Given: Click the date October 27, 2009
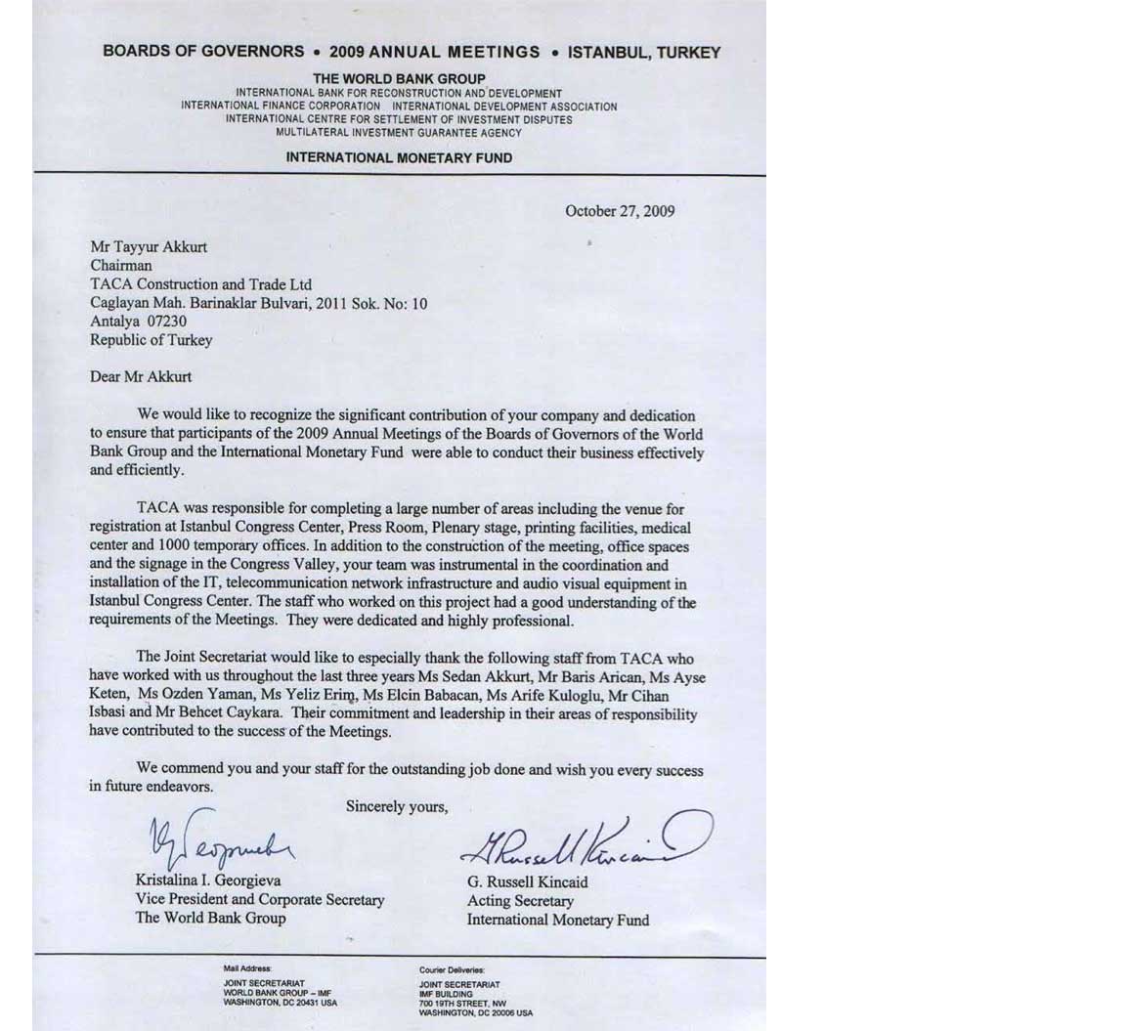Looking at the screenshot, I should [619, 211].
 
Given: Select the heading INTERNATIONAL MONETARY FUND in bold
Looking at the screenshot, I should [399, 157].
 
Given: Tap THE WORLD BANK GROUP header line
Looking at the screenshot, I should [399, 78].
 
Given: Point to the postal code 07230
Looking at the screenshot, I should [166, 322].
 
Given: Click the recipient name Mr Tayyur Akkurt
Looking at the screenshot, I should [149, 247].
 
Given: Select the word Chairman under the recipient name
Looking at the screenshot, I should [121, 266].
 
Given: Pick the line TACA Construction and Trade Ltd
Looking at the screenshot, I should [200, 284].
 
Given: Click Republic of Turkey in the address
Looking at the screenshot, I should [151, 340].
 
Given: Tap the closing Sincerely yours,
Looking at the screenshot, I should [397, 807].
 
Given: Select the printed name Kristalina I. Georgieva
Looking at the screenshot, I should [208, 881].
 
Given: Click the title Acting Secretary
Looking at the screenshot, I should [520, 901].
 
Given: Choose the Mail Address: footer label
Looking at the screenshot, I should [247, 968].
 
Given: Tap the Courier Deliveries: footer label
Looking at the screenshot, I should [452, 969].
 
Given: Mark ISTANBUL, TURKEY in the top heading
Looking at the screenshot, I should [644, 52].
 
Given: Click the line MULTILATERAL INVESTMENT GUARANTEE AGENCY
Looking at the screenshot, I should [399, 133].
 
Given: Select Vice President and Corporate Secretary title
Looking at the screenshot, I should [260, 899].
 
